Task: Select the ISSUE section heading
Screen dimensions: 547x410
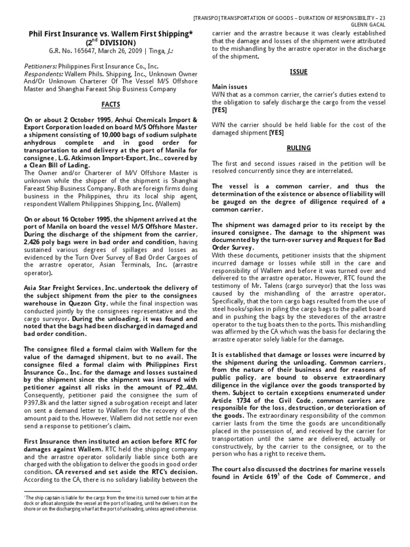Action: pos(298,71)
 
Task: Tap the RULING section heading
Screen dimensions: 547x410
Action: pos(298,148)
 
